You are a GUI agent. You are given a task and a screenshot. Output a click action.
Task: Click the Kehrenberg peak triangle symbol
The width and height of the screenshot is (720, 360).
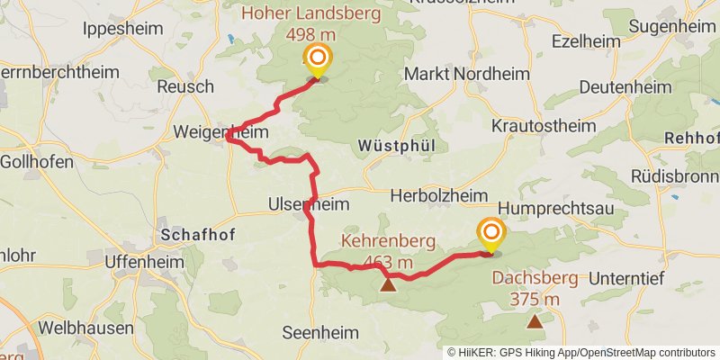[387, 285]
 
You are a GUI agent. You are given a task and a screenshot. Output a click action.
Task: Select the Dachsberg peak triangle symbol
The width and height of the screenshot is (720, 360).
[535, 319]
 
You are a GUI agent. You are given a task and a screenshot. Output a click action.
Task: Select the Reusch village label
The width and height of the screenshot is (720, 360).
[185, 87]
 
